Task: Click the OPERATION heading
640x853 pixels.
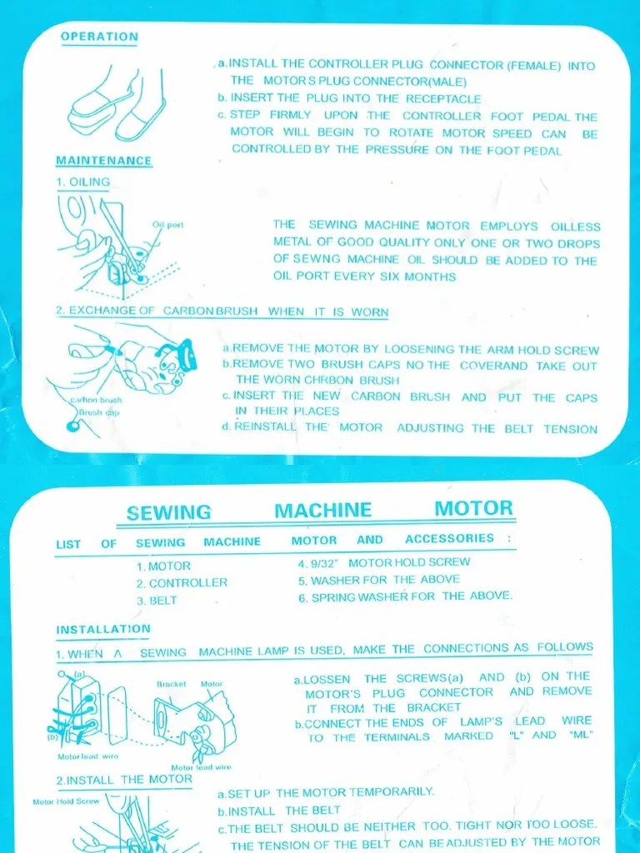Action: pos(99,37)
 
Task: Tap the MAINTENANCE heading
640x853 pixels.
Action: pos(103,161)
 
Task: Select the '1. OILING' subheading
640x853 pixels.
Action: pos(82,182)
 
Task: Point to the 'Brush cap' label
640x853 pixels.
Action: pos(99,412)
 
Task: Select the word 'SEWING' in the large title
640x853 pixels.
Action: pos(169,512)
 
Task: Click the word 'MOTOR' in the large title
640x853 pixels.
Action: pos(473,509)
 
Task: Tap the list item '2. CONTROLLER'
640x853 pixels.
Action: pos(182,583)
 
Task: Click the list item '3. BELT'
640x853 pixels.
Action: pos(157,601)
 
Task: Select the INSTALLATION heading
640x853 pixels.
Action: pos(103,629)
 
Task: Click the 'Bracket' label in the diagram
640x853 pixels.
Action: pos(172,684)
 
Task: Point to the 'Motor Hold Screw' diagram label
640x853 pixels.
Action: pos(66,802)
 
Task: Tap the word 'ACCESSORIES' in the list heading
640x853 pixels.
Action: pos(450,539)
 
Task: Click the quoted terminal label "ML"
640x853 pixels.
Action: pos(579,736)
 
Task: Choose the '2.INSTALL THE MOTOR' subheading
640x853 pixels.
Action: pos(124,780)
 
